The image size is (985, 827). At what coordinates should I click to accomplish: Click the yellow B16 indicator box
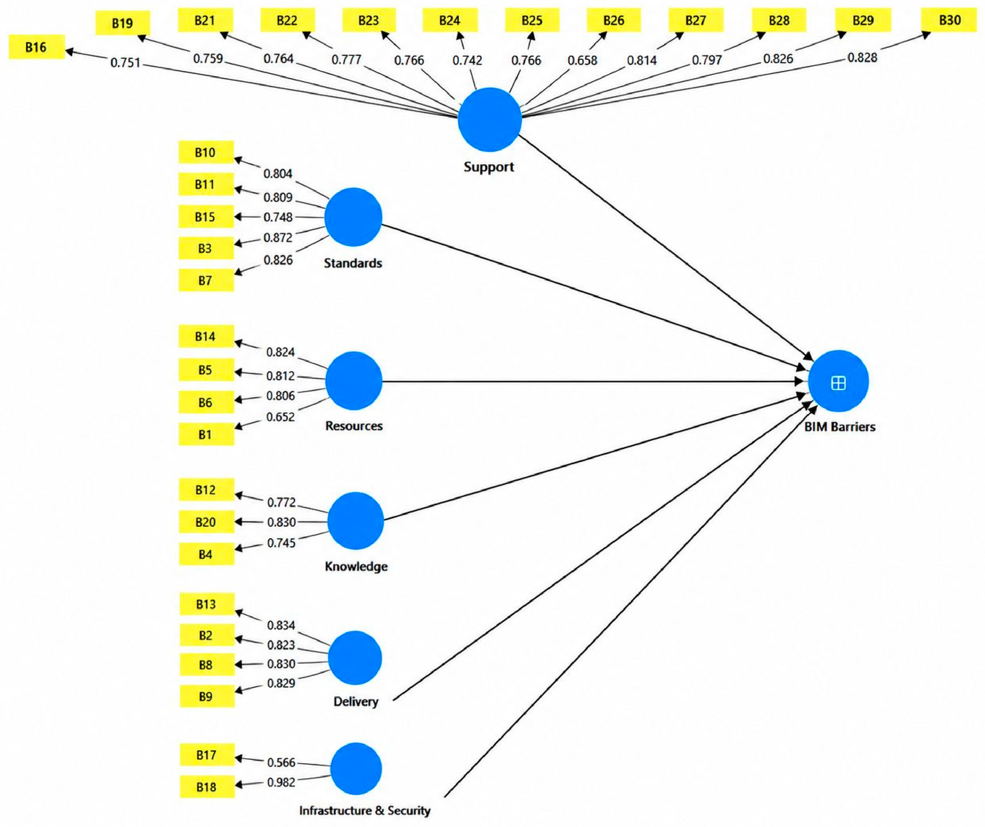click(37, 47)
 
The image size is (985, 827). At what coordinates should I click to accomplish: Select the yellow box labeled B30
click(950, 20)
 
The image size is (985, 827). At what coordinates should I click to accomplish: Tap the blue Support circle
click(490, 120)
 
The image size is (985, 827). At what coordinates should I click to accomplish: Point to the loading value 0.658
click(583, 60)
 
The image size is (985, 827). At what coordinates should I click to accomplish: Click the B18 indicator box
click(207, 787)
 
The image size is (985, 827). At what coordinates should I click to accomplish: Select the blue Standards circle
click(353, 217)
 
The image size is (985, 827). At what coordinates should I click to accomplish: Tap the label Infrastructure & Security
click(365, 810)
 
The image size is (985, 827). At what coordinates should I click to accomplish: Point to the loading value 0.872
click(278, 238)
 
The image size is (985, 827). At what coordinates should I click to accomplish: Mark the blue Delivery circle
click(355, 657)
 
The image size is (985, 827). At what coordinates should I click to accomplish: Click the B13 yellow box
click(207, 604)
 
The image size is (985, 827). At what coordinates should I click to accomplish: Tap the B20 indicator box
click(206, 522)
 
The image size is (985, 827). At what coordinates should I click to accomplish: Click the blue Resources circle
click(354, 381)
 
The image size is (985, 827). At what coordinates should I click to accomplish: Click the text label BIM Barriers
click(840, 427)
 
